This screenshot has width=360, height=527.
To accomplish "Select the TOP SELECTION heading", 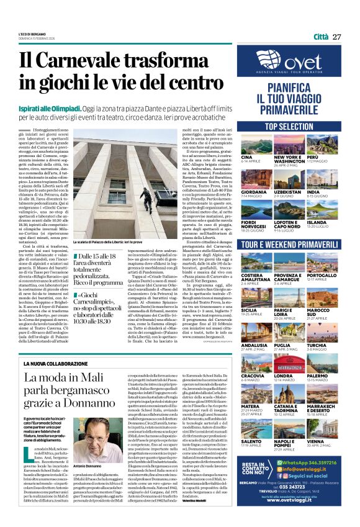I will coord(289,126).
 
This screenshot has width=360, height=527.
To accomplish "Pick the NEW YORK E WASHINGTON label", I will coord(287,160).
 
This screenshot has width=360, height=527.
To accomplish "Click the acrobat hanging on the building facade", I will coord(143,192).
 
